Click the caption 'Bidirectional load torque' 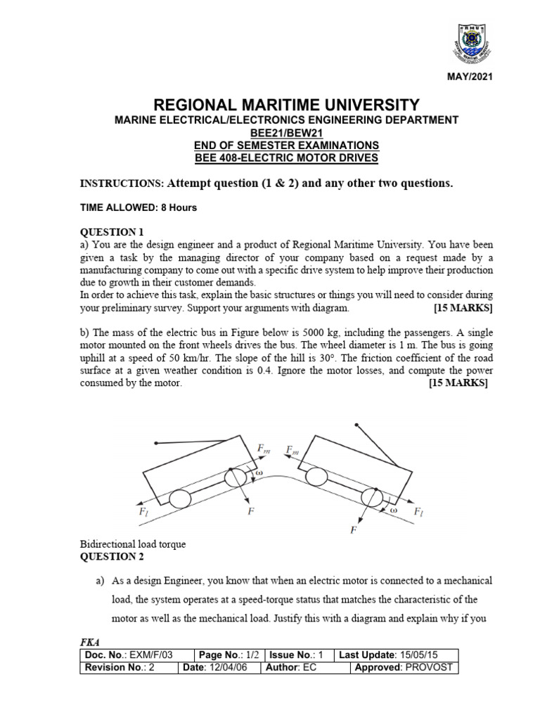133,545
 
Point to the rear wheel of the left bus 181,499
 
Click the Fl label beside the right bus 418,510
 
